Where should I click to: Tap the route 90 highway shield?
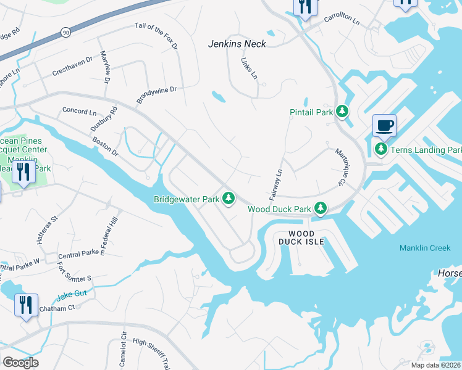[x=65, y=31]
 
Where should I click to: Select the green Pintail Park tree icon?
[x=342, y=112]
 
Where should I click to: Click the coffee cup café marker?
[x=384, y=126]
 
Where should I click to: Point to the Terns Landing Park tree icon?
[x=381, y=149]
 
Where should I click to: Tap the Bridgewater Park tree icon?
[x=229, y=199]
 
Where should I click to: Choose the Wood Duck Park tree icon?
[x=320, y=208]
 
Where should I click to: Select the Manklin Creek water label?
[x=424, y=248]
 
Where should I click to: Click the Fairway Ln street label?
[x=275, y=184]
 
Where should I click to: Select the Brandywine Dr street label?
[x=157, y=96]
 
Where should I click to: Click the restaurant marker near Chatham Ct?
[x=26, y=305]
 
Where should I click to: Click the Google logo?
[x=20, y=363]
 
